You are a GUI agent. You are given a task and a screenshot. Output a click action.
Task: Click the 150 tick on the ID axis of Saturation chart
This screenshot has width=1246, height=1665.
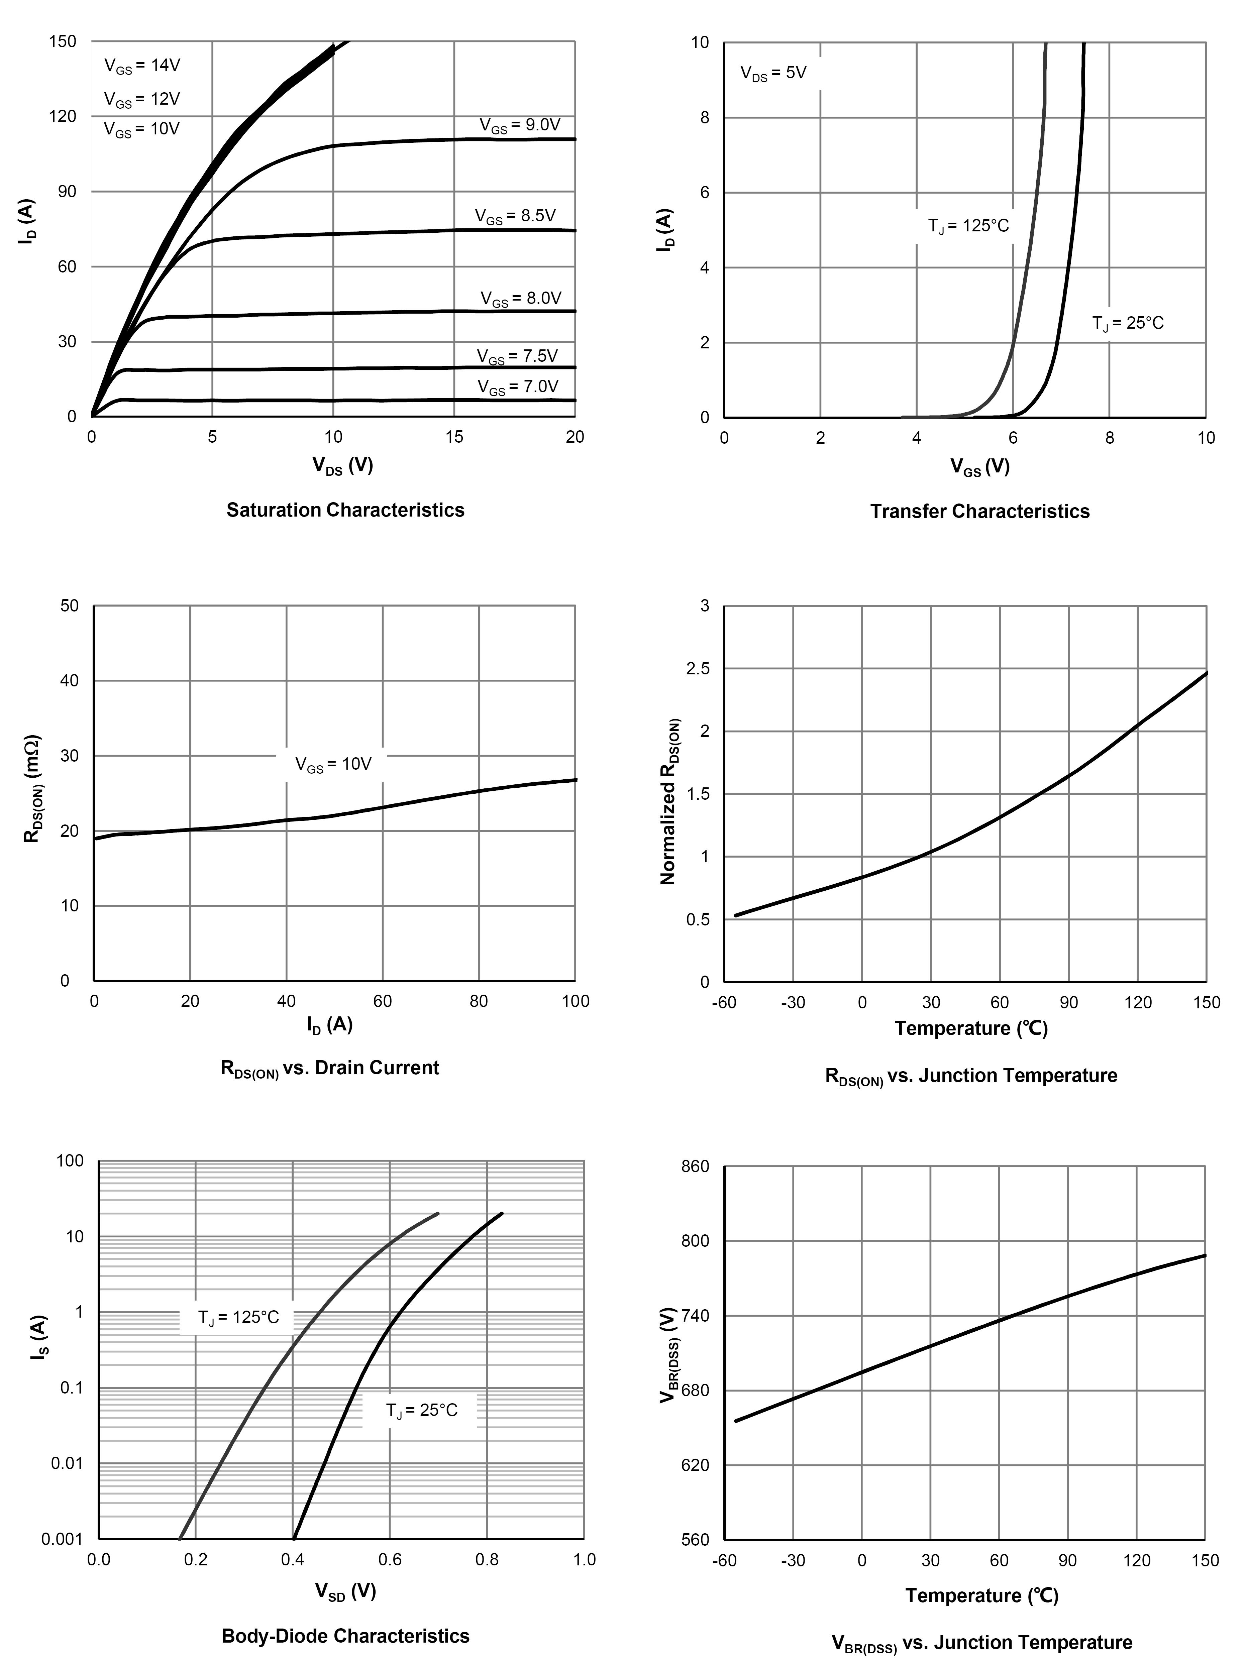click(63, 41)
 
